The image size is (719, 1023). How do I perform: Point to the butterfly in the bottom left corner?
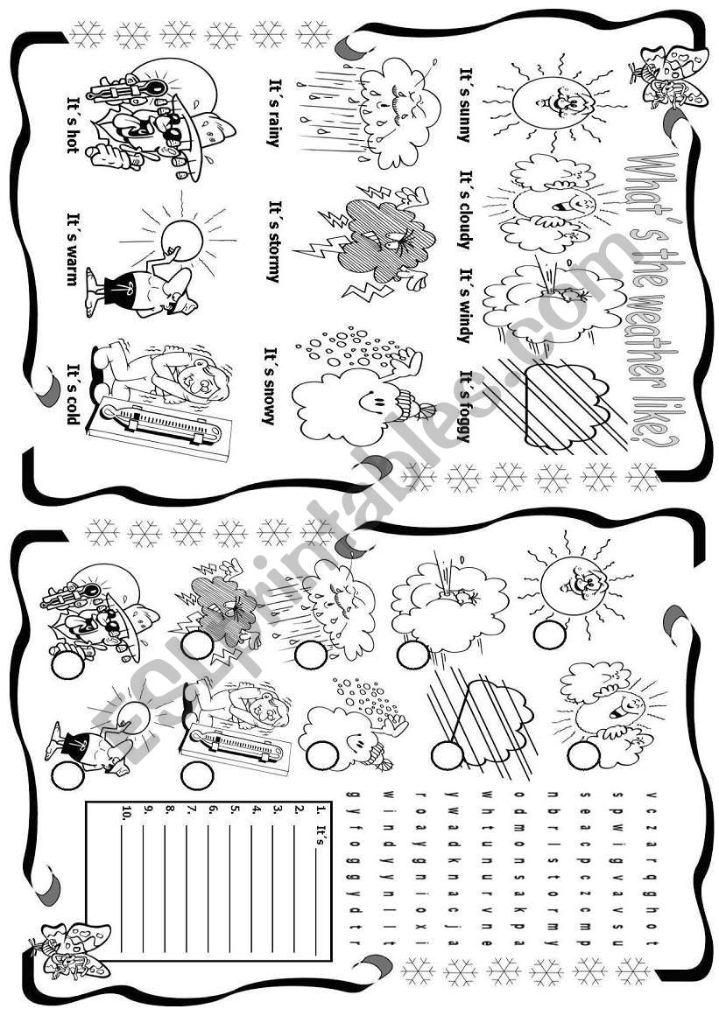(69, 949)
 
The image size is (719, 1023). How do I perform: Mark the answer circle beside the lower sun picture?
(549, 634)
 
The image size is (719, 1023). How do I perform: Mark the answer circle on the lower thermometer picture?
(196, 774)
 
